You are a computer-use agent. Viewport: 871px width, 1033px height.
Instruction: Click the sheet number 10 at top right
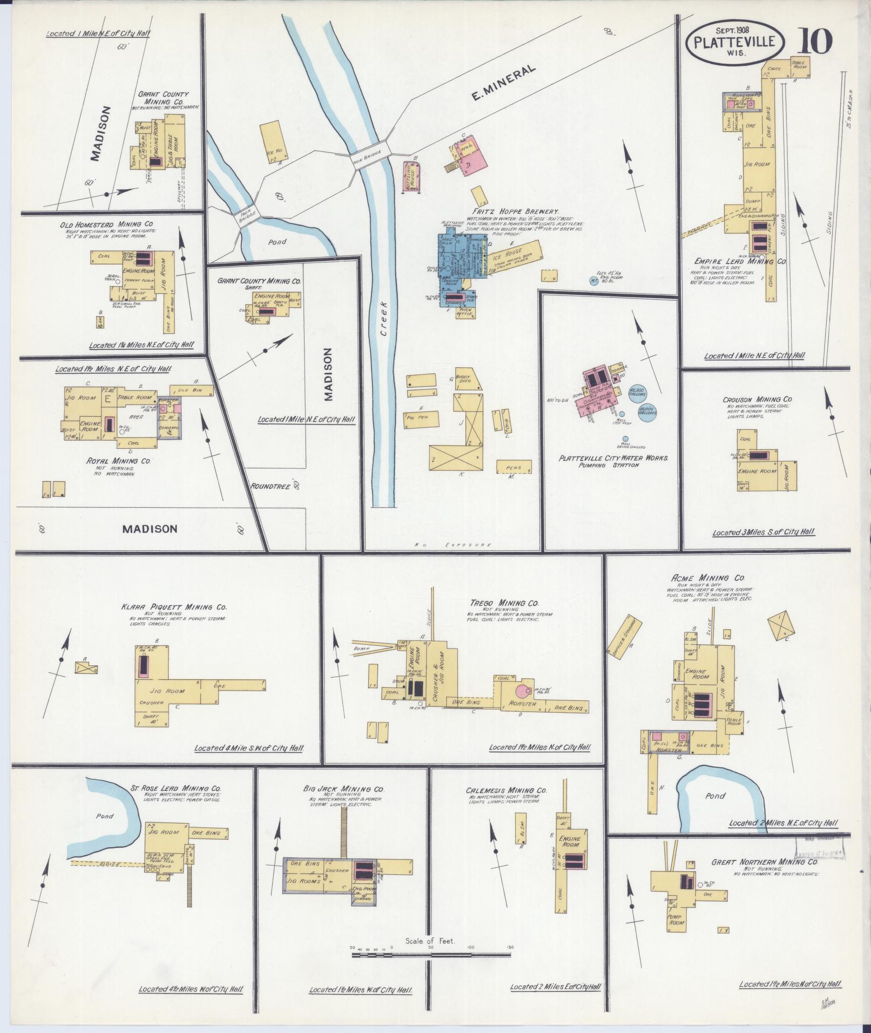tap(814, 42)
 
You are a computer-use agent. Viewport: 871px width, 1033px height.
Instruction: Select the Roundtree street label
tap(272, 485)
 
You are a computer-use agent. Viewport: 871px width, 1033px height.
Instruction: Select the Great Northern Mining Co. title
tap(775, 862)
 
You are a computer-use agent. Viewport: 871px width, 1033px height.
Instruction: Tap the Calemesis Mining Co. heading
tap(507, 790)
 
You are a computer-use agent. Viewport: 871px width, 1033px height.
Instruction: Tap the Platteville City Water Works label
tap(614, 457)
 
